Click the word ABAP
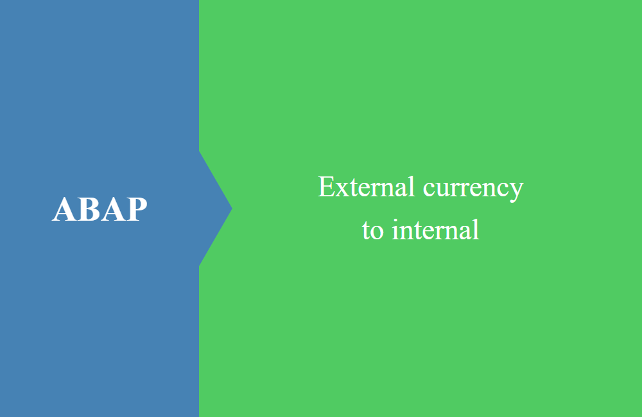pyautogui.click(x=100, y=209)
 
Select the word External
pyautogui.click(x=367, y=187)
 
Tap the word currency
pyautogui.click(x=473, y=189)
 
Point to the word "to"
pyautogui.click(x=372, y=230)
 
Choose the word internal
pyautogui.click(x=436, y=229)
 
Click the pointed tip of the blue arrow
pyautogui.click(x=232, y=208)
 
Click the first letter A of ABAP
pyautogui.click(x=64, y=209)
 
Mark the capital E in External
pyautogui.click(x=327, y=187)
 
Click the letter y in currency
pyautogui.click(x=517, y=192)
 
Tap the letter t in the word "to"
pyautogui.click(x=367, y=231)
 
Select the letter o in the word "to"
pyautogui.click(x=377, y=233)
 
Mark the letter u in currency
pyautogui.click(x=446, y=191)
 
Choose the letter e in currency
pyautogui.click(x=478, y=191)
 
